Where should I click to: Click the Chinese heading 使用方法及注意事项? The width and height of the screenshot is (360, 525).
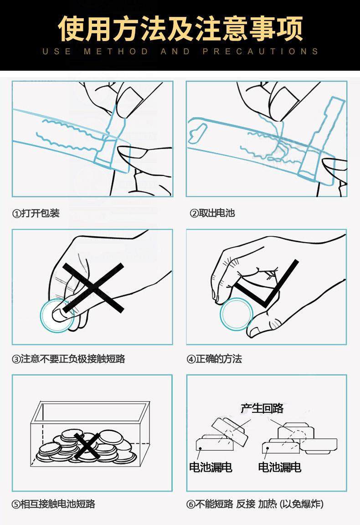coord(180,28)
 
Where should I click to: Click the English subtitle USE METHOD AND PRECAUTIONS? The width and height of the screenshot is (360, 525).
coord(180,52)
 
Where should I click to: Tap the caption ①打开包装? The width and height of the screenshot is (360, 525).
coord(36,213)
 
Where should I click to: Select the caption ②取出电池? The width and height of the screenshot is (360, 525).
coord(212,213)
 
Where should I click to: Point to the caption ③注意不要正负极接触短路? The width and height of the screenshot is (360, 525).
coord(68,359)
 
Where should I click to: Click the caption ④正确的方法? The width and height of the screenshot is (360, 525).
coord(214,359)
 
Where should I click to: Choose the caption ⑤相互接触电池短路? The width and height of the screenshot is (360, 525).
coord(53,504)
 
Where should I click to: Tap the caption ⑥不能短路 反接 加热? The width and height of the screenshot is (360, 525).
coord(255,504)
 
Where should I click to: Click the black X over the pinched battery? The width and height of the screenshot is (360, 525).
coord(93,287)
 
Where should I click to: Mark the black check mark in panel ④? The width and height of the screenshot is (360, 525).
coord(267,287)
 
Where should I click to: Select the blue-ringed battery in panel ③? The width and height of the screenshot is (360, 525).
coord(57,315)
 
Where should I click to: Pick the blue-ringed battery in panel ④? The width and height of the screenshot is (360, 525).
coord(236,314)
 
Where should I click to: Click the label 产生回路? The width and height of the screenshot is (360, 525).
coord(262,408)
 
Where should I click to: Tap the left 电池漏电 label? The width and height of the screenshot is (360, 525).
coord(210,467)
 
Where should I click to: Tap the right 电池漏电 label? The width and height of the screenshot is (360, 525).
coord(279,467)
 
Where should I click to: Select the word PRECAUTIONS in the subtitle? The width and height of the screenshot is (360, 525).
coord(260,52)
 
